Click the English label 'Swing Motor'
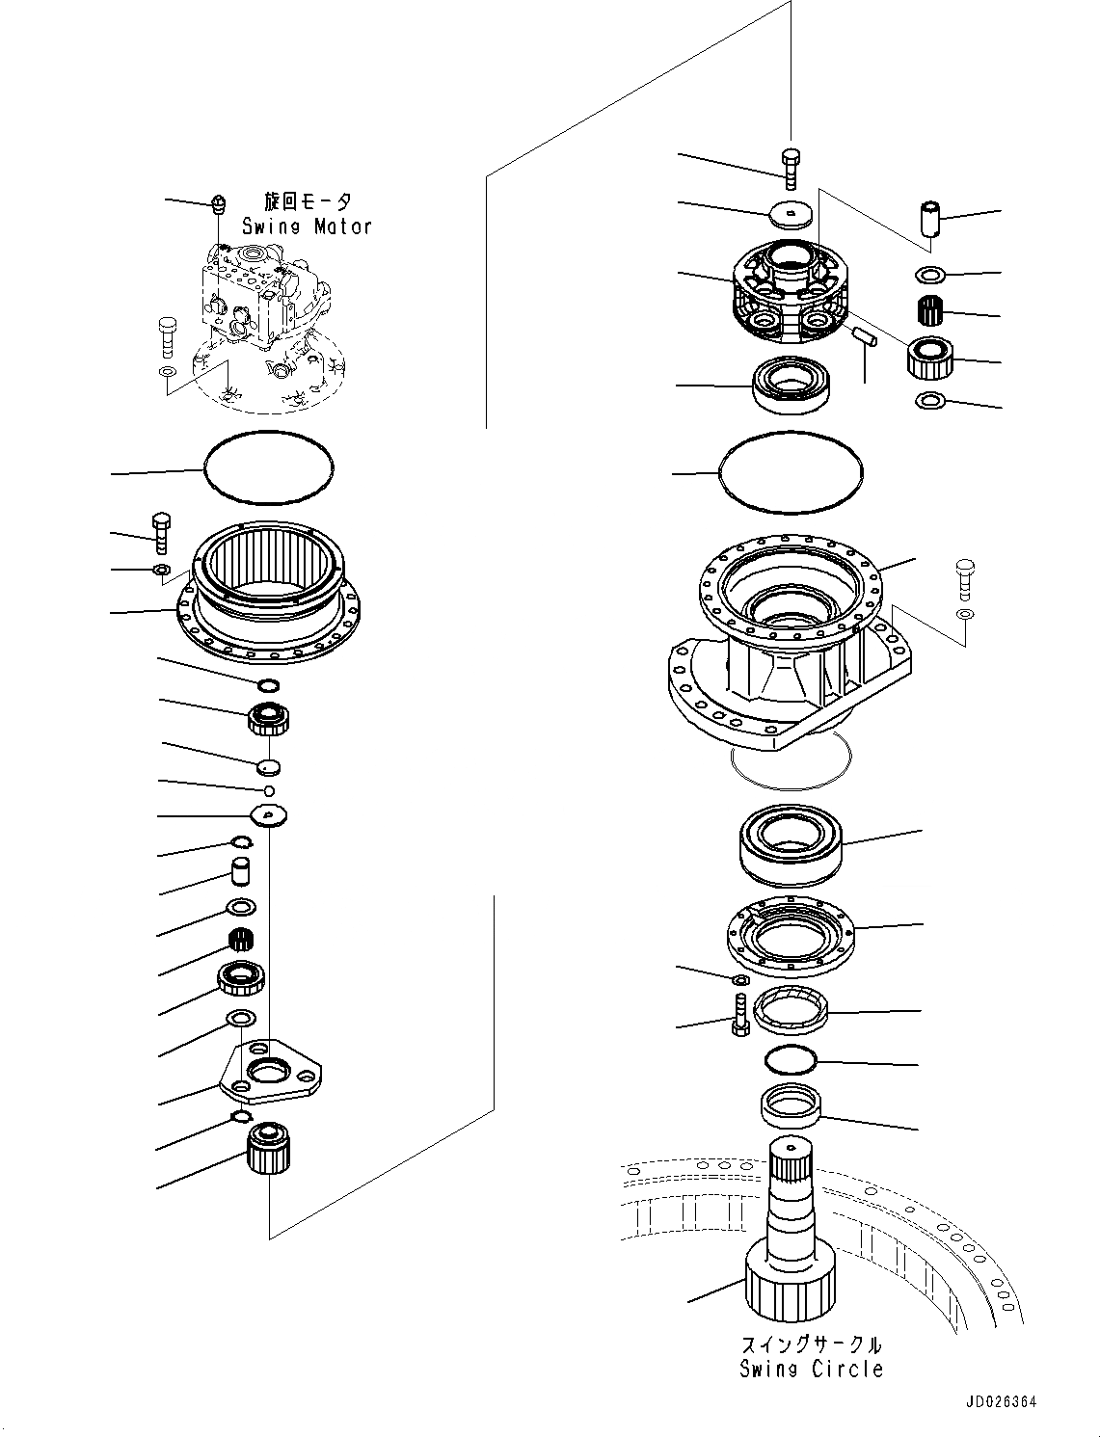(x=307, y=226)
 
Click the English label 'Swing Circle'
(x=811, y=1369)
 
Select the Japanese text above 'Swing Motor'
(x=308, y=201)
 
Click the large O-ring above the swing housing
(x=791, y=470)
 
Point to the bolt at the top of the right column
(x=791, y=168)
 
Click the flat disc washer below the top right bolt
(x=791, y=213)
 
